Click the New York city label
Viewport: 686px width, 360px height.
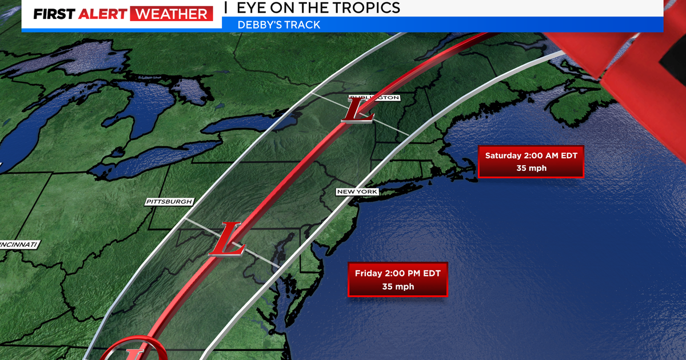(357, 191)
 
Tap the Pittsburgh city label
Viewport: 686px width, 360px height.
(169, 202)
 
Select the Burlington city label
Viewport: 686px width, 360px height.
(374, 98)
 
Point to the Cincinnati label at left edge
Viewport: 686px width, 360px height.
(19, 245)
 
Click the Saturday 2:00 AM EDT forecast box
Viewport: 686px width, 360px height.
(530, 161)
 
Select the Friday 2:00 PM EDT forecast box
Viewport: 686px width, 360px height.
(397, 279)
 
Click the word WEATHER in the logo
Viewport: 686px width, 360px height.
(171, 14)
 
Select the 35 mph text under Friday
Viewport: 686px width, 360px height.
(397, 286)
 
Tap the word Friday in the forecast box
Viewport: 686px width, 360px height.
(368, 273)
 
